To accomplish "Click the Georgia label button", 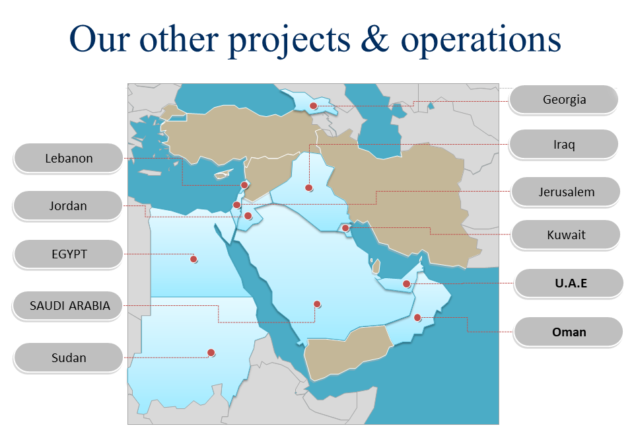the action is [x=563, y=100].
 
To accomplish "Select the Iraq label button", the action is [x=563, y=144].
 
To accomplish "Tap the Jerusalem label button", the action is [x=566, y=192].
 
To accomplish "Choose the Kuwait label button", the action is [x=566, y=235].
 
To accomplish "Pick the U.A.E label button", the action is [x=569, y=283].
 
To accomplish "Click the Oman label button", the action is [x=568, y=332].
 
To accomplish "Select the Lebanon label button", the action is [x=68, y=158].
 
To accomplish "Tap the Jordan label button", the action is [x=68, y=205].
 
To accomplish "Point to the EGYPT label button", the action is [x=68, y=254].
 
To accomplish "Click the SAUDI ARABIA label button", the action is [x=68, y=305].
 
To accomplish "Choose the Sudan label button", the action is [x=68, y=357].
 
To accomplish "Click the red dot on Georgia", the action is [x=313, y=106].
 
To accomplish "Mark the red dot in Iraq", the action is [x=309, y=188].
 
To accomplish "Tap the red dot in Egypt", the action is [x=194, y=259].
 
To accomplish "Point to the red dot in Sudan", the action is [x=211, y=353].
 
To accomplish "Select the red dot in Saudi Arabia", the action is [x=318, y=304].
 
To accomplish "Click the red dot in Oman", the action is [x=417, y=318].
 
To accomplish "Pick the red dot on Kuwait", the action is [x=345, y=228].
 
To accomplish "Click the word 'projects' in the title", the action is [x=289, y=40].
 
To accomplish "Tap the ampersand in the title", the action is [x=375, y=39].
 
